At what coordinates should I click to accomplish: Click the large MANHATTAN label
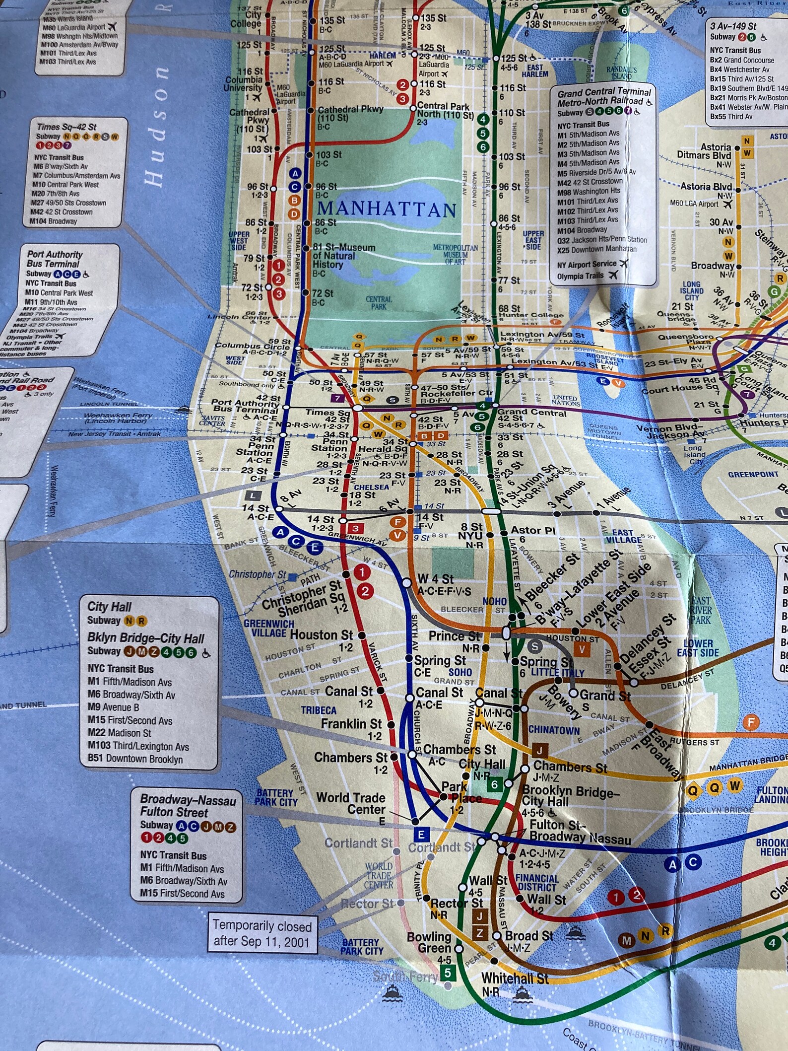pyautogui.click(x=387, y=209)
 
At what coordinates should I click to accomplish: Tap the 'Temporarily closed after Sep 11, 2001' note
pyautogui.click(x=262, y=933)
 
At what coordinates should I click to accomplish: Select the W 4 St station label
pyautogui.click(x=435, y=579)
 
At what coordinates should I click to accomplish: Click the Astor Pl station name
pyautogui.click(x=532, y=530)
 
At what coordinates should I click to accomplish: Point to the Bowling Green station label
pyautogui.click(x=429, y=942)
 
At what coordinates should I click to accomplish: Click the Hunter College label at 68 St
pyautogui.click(x=531, y=315)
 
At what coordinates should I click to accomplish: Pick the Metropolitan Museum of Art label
pyautogui.click(x=455, y=254)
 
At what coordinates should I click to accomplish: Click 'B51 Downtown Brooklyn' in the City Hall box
pyautogui.click(x=135, y=759)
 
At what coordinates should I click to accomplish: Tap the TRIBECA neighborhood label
pyautogui.click(x=319, y=710)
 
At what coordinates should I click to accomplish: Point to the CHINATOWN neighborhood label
pyautogui.click(x=554, y=730)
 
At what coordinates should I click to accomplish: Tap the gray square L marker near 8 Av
pyautogui.click(x=253, y=495)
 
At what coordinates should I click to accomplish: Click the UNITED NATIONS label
pyautogui.click(x=565, y=401)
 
